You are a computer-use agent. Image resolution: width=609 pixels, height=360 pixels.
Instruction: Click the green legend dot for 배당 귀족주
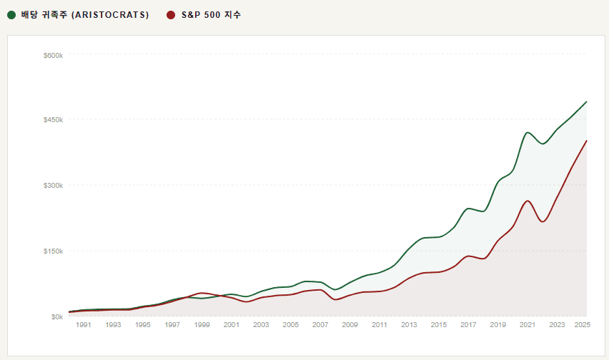11,15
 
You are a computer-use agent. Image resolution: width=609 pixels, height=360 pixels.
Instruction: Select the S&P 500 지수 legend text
211,15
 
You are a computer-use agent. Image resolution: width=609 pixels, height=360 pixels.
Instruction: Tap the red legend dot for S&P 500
170,15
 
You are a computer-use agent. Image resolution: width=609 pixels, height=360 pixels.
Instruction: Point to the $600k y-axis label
54,54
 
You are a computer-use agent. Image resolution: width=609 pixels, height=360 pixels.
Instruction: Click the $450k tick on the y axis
54,120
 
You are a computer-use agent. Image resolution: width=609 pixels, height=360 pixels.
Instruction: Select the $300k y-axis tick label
54,186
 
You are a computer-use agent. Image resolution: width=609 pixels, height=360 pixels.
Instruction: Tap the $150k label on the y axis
54,251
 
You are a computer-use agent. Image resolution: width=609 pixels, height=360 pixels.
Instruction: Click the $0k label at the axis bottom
56,316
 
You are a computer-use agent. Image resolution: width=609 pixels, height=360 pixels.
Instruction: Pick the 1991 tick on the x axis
84,325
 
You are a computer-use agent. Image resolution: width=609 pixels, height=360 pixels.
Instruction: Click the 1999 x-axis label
202,325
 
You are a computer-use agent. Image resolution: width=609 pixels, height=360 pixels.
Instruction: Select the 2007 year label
320,325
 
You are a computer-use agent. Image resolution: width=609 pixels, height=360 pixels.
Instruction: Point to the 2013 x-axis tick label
409,325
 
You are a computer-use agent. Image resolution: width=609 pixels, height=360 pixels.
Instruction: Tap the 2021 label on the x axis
527,325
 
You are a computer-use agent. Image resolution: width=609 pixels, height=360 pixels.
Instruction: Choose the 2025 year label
582,325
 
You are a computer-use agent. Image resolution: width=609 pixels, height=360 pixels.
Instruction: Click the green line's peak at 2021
528,132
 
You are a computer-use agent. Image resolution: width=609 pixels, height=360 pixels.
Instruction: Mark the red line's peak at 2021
528,201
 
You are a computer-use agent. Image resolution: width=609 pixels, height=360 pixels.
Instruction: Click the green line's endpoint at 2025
586,101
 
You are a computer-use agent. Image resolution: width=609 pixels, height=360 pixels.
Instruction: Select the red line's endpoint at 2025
586,141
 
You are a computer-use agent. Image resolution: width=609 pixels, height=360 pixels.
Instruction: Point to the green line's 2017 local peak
468,209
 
